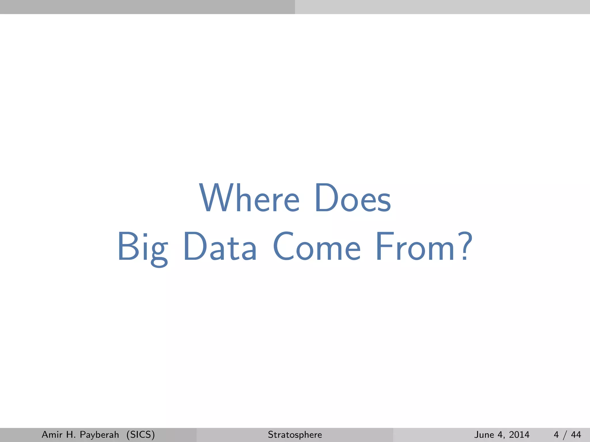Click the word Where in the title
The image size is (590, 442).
tap(249, 199)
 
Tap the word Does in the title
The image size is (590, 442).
tap(353, 199)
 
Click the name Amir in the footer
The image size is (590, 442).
tap(52, 435)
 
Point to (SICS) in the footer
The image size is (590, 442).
tap(141, 435)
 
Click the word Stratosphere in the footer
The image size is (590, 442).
tap(295, 435)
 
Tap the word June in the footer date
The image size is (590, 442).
tap(484, 435)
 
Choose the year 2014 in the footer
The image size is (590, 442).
tap(519, 435)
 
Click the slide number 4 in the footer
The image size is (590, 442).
tap(556, 435)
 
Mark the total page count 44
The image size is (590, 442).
tap(576, 435)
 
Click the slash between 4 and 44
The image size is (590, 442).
tap(565, 435)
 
